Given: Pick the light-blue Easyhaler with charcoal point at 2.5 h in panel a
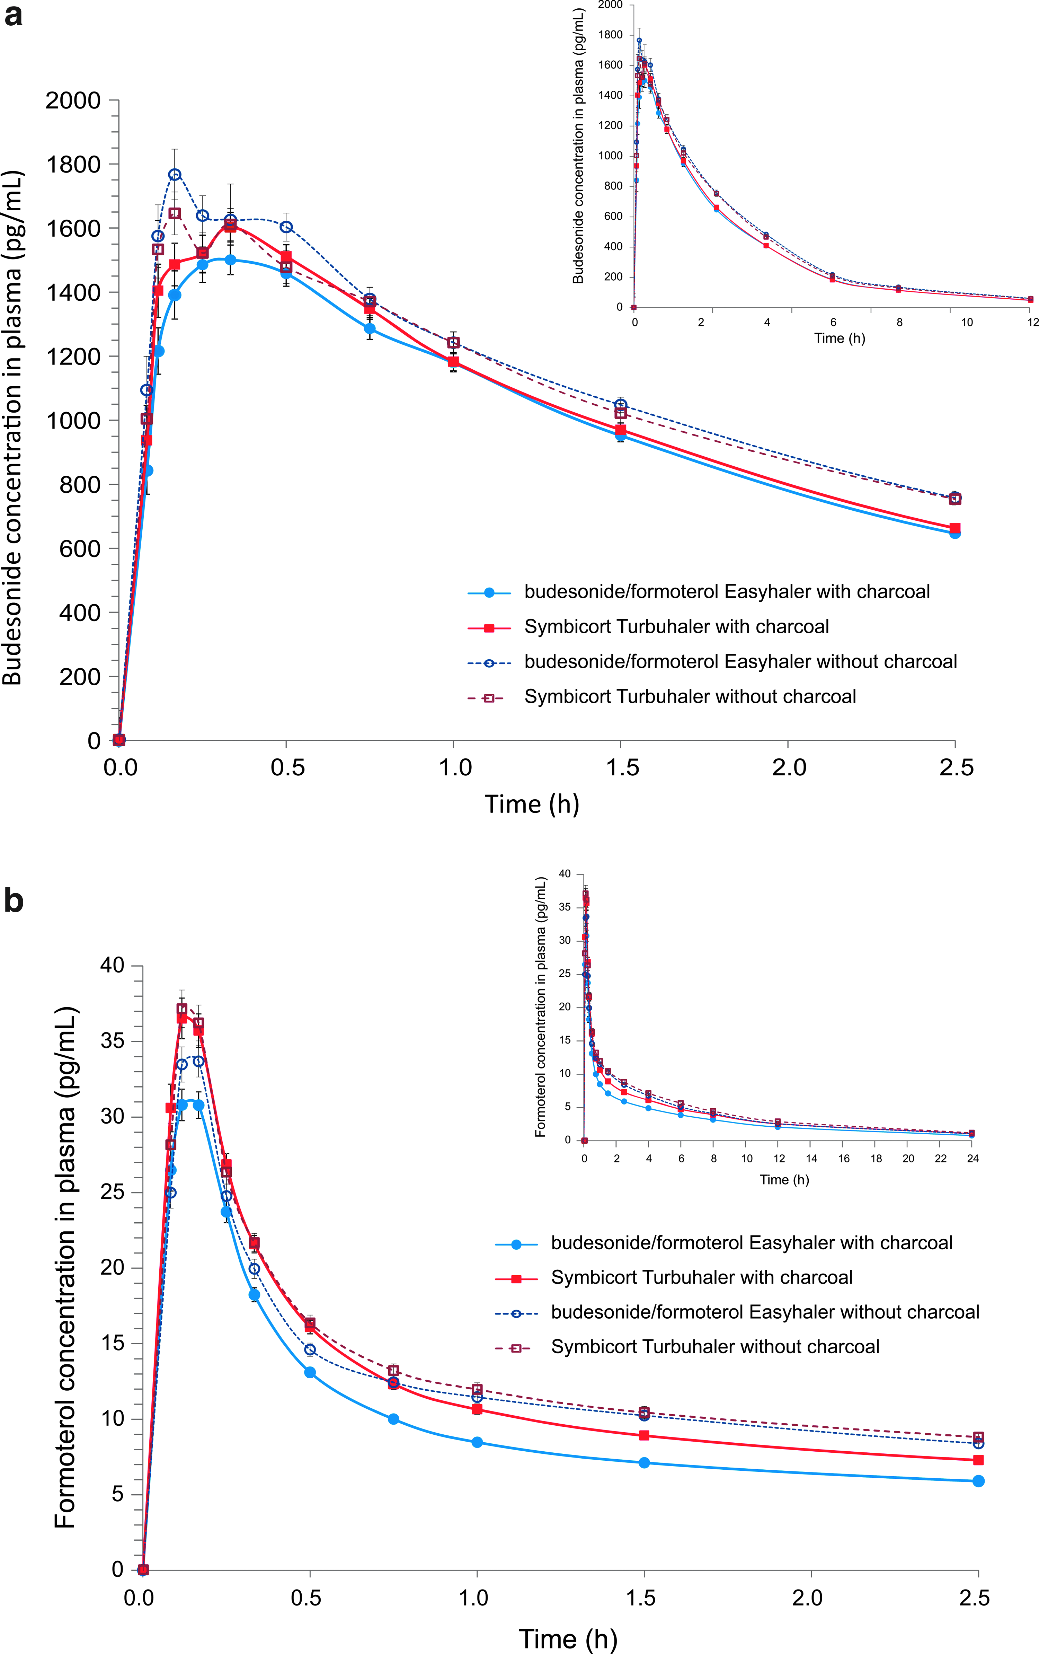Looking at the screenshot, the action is click(954, 533).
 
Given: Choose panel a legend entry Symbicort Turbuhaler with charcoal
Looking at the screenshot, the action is click(676, 626).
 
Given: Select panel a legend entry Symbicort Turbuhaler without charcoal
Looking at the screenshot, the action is click(690, 696).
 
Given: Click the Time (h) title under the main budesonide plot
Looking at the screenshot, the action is click(532, 804).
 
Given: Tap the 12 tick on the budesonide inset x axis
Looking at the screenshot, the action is click(1032, 322).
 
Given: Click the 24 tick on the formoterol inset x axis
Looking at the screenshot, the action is click(973, 1158).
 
